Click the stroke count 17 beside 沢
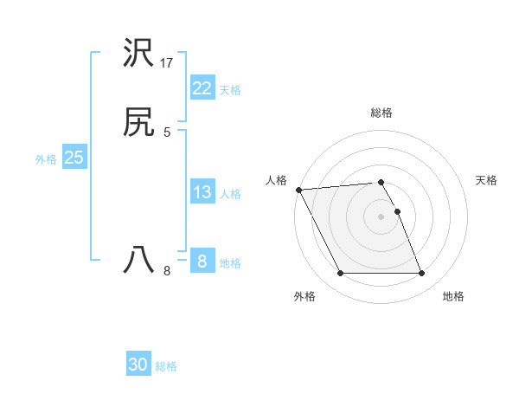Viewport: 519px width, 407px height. (x=167, y=63)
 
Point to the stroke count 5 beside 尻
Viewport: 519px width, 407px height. (x=167, y=132)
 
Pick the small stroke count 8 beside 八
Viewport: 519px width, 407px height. (x=167, y=271)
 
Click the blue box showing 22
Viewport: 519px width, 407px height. (x=202, y=88)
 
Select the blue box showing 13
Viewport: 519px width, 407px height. (x=202, y=192)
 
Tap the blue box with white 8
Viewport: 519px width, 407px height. (x=202, y=261)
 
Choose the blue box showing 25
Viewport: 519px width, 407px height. (x=74, y=158)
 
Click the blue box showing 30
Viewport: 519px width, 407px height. (x=138, y=365)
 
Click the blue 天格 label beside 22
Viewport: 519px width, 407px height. (x=230, y=90)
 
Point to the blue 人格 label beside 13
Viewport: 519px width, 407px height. (x=230, y=194)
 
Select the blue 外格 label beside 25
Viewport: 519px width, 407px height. (x=46, y=159)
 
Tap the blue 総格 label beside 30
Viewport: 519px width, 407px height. (x=167, y=366)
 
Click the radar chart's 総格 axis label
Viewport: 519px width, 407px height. (x=381, y=113)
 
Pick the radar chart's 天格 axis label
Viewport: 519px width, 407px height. (x=486, y=180)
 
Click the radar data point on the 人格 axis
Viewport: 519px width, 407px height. (x=298, y=190)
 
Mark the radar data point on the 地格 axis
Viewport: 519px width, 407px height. (x=422, y=274)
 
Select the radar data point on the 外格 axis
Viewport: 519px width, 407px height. (x=340, y=274)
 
